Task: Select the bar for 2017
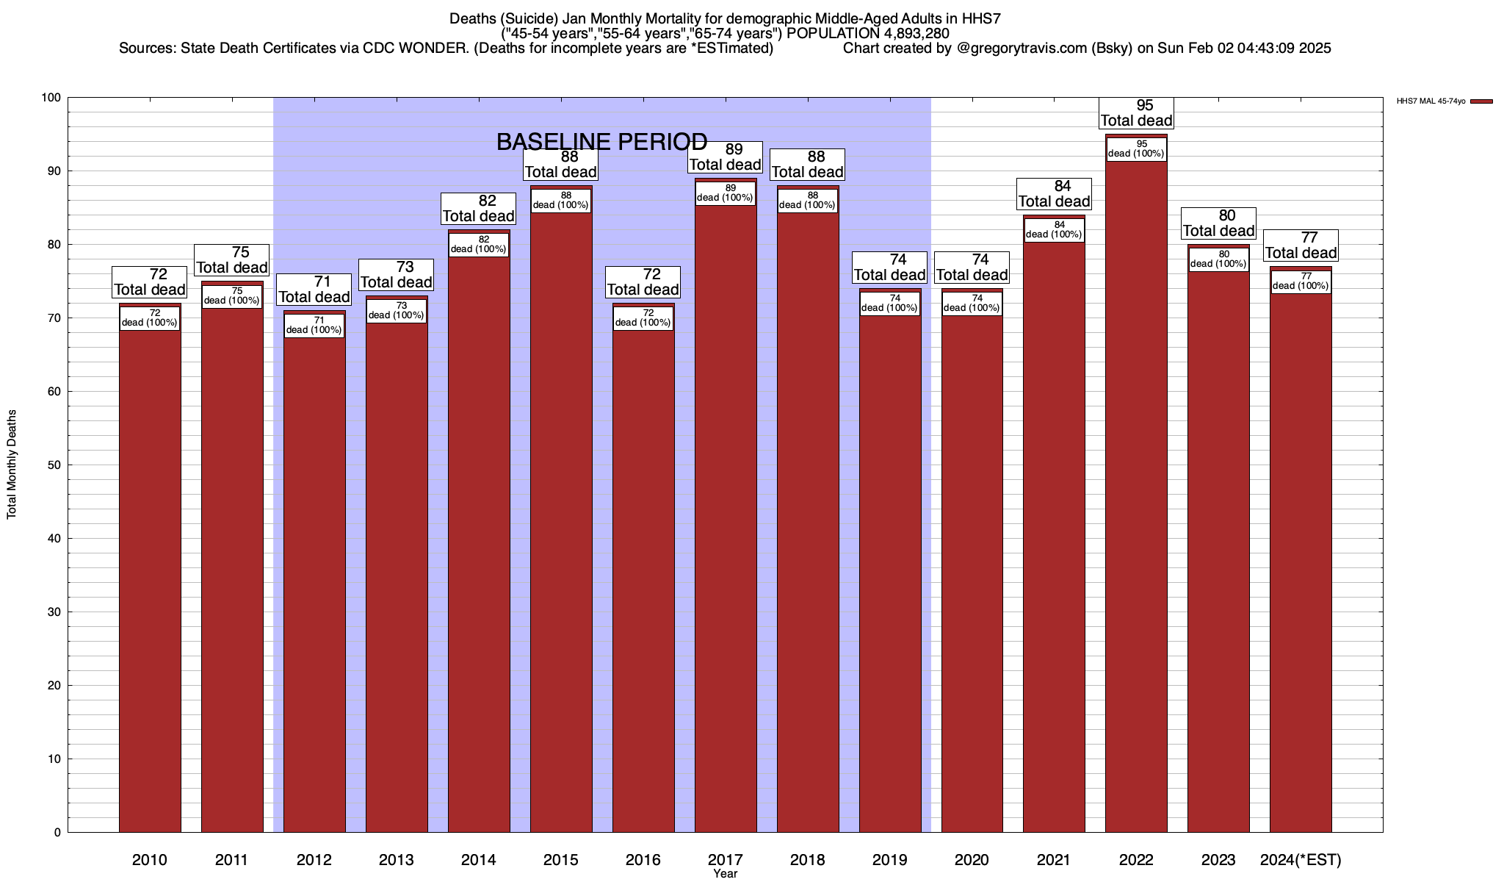(x=726, y=514)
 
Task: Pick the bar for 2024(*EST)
(x=1301, y=559)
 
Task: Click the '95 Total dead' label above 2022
(x=1136, y=113)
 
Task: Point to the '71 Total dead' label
(x=314, y=290)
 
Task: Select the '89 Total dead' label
(x=726, y=157)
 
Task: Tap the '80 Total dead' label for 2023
(x=1218, y=223)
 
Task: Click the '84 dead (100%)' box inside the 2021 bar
(x=1054, y=230)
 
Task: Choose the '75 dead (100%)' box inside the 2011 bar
(x=231, y=296)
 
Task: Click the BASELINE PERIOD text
(x=602, y=142)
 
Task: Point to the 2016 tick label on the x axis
(x=643, y=860)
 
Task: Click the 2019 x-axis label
(x=889, y=860)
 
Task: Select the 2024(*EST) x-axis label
(x=1301, y=860)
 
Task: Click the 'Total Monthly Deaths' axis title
(x=12, y=465)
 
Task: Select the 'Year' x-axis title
(x=726, y=874)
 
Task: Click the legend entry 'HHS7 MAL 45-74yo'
(x=1444, y=101)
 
